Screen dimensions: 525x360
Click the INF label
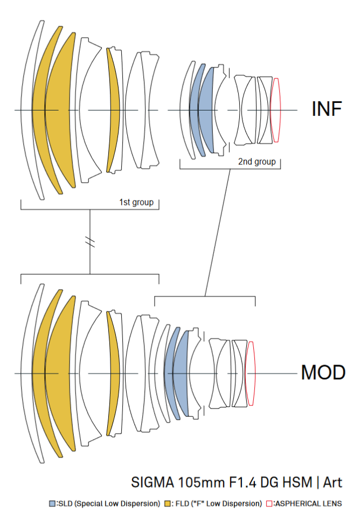pos(327,109)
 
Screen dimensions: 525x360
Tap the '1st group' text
pos(136,203)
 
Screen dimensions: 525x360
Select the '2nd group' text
pos(257,161)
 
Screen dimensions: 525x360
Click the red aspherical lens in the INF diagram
pos(275,110)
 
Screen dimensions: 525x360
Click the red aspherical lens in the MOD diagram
pos(250,373)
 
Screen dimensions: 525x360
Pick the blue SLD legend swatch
pos(52,503)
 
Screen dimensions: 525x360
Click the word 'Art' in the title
pos(332,481)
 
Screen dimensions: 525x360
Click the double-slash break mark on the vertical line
pos(90,243)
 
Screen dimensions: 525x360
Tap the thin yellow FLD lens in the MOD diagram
pos(112,373)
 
